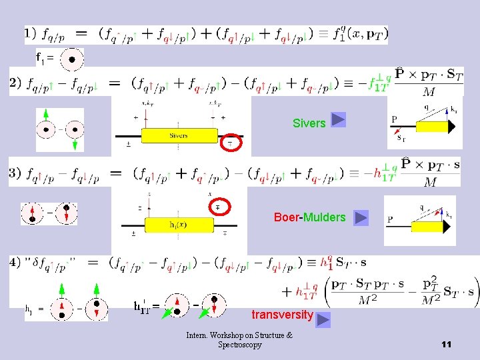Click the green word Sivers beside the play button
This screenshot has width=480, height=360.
[x=309, y=123]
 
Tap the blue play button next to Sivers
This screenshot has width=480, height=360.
[x=338, y=120]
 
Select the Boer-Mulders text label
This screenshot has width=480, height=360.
[x=309, y=217]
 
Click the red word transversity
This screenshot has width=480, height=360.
[x=282, y=315]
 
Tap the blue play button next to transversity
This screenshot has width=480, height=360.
[x=323, y=320]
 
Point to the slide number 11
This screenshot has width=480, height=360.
[x=446, y=344]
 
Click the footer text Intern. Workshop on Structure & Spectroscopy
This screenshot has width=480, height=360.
[x=239, y=340]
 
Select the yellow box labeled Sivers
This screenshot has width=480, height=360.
[x=179, y=135]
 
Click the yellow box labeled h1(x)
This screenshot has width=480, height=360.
[x=178, y=225]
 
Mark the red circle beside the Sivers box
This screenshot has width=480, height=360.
[x=231, y=142]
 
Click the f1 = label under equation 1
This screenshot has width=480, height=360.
[x=45, y=58]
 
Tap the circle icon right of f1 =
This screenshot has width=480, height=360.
[x=72, y=60]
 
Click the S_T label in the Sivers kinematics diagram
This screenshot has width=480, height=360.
[x=400, y=138]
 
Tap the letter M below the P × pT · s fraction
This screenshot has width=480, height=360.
[x=431, y=182]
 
